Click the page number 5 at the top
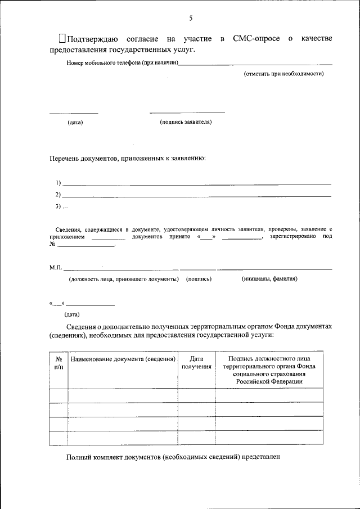[x=191, y=18]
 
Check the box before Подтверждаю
[x=62, y=38]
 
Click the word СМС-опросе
[x=256, y=39]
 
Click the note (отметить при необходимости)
[x=283, y=74]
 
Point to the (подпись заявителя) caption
[x=186, y=121]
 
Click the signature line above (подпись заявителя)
[x=187, y=112]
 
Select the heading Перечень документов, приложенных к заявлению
[x=128, y=159]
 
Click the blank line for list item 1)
[x=196, y=184]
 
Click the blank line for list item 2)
[x=196, y=196]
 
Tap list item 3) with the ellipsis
[x=61, y=207]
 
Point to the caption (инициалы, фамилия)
[x=269, y=278]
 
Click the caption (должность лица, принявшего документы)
[x=124, y=278]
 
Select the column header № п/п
[x=58, y=362]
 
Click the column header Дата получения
[x=196, y=362]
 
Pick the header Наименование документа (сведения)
[x=123, y=358]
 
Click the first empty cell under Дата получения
[x=196, y=395]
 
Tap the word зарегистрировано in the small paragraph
[x=292, y=237]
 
